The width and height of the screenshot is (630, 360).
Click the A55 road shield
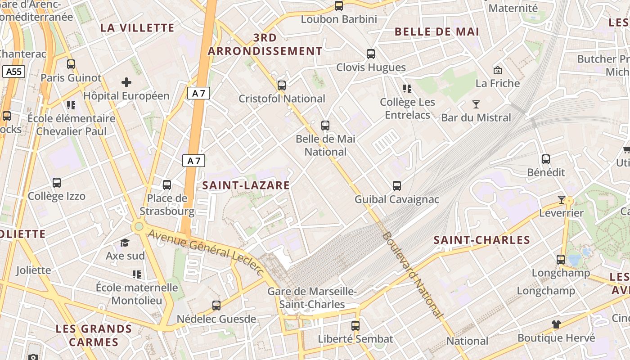coord(13,72)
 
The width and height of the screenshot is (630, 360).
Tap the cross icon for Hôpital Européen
coord(126,82)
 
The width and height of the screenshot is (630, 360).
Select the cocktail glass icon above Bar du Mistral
coord(476,104)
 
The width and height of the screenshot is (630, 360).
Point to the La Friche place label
coord(498,83)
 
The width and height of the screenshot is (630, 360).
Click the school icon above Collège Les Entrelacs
coord(407,89)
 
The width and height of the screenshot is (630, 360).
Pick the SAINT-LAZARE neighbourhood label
coord(246,185)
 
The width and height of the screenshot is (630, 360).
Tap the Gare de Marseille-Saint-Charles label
coord(312,298)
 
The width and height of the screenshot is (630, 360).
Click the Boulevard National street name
coord(412,275)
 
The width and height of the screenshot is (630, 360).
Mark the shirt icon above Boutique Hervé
coord(556,324)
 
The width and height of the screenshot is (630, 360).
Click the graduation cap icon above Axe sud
coord(125,243)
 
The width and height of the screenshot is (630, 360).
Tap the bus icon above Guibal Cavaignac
coord(397,185)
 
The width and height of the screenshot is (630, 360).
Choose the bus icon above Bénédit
coord(546,159)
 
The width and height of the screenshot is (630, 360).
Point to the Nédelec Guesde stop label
coord(216,319)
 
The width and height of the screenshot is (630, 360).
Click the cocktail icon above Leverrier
coord(561,199)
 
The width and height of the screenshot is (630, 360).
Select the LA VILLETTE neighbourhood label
coord(137,28)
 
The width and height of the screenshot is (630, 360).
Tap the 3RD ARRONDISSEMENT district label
coord(265,44)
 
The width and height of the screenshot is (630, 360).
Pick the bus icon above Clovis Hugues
coord(371,54)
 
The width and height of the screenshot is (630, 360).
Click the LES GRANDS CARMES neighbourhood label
coord(94,335)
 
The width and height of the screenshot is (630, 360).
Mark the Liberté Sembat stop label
coord(355,339)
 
